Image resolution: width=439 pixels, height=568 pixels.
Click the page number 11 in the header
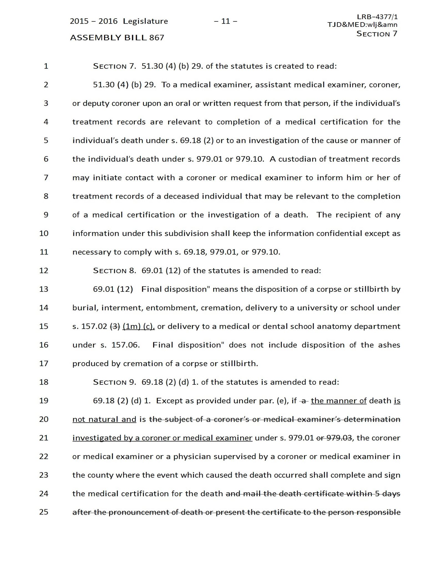(225, 21)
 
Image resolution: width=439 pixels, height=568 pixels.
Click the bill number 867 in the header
(157, 37)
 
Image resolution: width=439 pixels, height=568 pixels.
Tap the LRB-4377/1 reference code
(377, 17)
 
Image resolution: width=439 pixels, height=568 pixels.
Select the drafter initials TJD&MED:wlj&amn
(362, 25)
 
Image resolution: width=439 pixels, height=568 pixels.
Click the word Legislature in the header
(145, 21)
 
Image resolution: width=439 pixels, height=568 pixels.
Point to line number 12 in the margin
(44, 270)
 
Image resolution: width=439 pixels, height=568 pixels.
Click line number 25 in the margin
(44, 512)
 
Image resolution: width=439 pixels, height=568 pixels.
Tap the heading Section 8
(114, 270)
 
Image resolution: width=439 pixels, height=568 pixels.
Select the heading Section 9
(114, 382)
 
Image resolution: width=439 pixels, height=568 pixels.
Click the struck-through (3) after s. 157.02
(115, 326)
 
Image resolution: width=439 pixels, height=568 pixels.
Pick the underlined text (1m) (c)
(138, 326)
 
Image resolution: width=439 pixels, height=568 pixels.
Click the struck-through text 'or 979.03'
(334, 438)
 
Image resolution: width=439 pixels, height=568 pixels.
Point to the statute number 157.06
(125, 345)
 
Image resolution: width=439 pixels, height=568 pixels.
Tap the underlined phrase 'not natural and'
(104, 419)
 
